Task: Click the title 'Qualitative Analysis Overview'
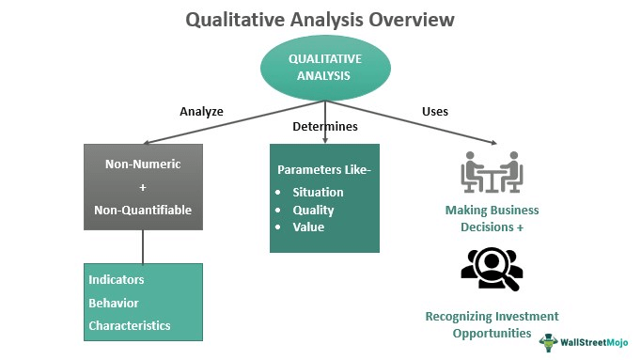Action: (320, 18)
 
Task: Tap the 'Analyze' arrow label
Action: (201, 111)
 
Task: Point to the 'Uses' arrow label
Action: (434, 111)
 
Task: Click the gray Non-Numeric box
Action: (143, 186)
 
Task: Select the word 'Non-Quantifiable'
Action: (142, 210)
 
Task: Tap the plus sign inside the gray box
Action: (142, 187)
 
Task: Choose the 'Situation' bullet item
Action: (318, 192)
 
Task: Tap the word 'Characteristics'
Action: (130, 325)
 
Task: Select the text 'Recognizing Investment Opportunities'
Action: (491, 324)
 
